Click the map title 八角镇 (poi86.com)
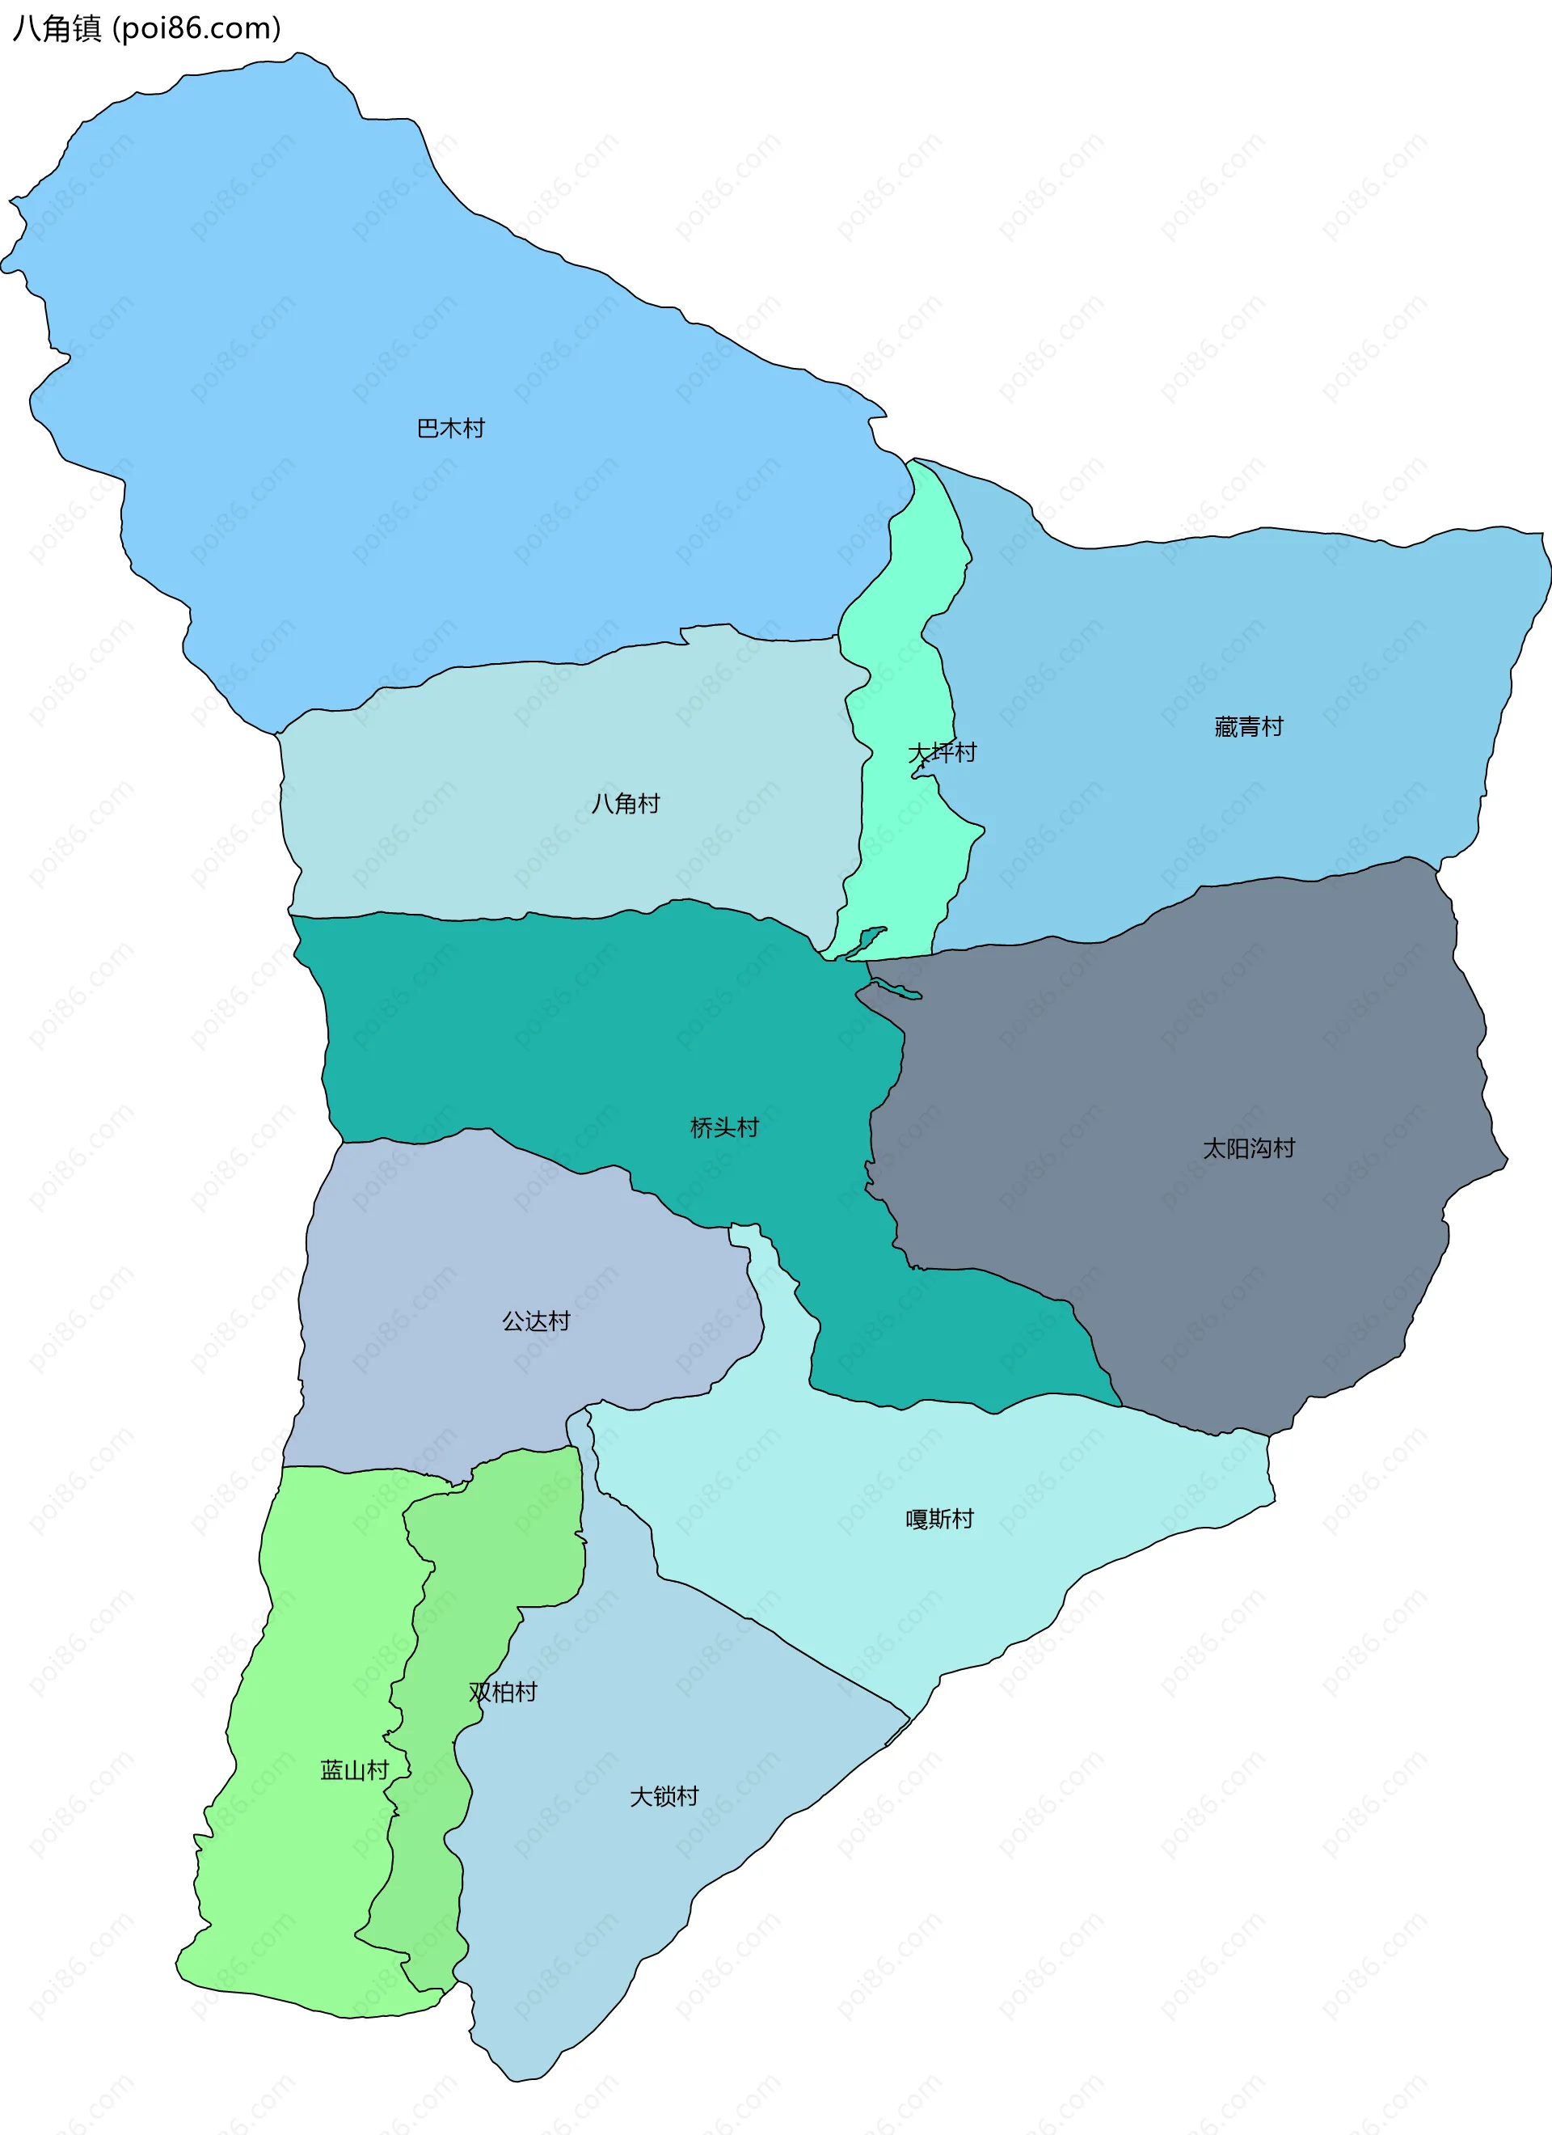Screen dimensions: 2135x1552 145,28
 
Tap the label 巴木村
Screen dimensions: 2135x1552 451,429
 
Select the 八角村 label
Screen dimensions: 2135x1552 625,803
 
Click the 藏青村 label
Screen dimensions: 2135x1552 1248,725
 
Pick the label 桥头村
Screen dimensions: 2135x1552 723,1127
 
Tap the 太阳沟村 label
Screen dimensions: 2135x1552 1248,1148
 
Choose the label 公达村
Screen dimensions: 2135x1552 536,1321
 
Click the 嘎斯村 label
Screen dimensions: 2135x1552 939,1519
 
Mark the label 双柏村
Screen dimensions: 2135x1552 503,1692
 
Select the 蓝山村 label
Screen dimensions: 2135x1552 354,1769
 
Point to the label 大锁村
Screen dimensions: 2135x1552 664,1796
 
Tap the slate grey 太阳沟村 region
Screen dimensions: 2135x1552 1224,1270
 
